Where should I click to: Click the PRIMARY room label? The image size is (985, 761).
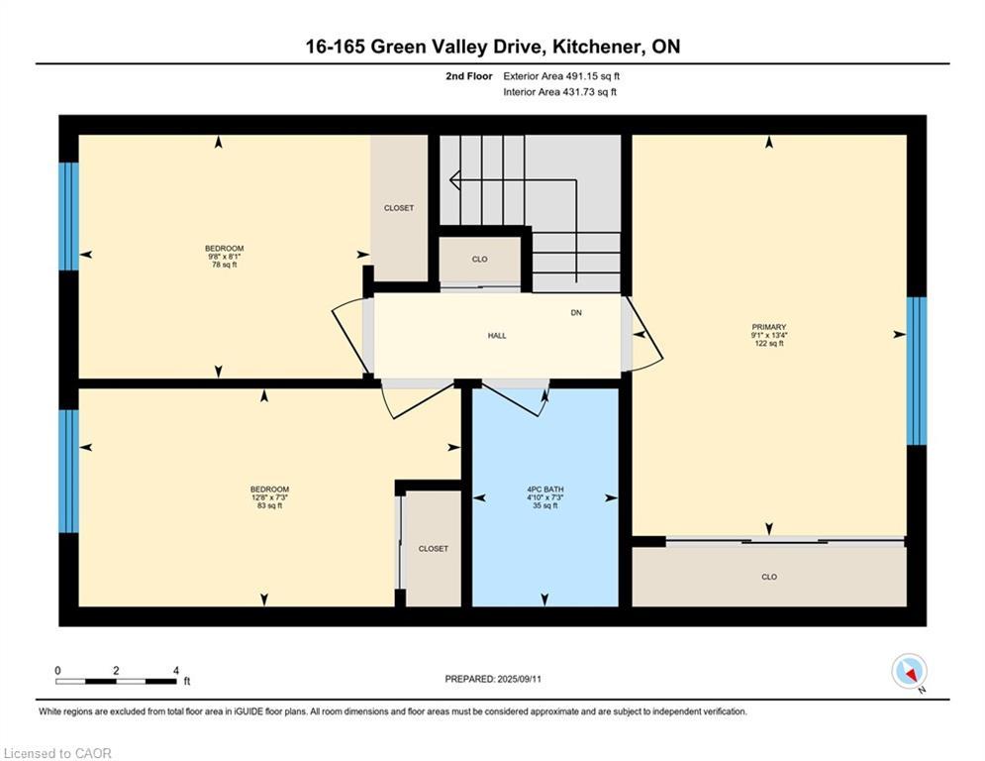coord(768,327)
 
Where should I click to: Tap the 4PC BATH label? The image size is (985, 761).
coord(544,489)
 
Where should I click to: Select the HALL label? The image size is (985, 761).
coord(497,336)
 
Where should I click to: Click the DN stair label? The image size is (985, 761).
coord(576,312)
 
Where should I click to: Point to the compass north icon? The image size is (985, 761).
coord(910,672)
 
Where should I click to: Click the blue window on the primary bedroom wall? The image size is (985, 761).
coord(917,371)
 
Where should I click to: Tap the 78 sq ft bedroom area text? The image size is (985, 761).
coord(225,265)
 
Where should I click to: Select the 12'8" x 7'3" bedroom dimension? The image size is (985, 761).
coord(269,497)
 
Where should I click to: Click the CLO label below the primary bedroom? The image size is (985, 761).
coord(769,577)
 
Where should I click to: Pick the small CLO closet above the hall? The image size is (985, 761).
coord(479,260)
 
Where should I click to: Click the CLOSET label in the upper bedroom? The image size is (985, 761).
coord(399,208)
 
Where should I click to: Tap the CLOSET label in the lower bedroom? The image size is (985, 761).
coord(434,549)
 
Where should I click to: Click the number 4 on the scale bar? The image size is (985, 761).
coord(176,671)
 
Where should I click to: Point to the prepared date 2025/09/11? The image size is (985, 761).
coord(520,679)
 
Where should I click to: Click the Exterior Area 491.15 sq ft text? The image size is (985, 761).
coord(561,76)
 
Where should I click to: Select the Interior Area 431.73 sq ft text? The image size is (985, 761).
coord(559,92)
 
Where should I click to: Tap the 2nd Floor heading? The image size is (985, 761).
coord(468,76)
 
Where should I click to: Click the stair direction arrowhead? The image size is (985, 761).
coord(454,180)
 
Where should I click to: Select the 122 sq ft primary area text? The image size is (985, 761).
coord(769,344)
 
